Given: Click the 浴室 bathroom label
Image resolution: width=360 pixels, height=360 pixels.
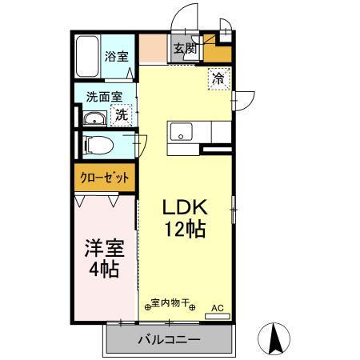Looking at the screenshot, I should coord(116,56).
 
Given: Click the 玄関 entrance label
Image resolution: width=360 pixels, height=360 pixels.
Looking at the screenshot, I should coord(186,48).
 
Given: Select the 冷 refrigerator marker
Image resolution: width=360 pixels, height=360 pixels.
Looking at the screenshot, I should coord(218,78).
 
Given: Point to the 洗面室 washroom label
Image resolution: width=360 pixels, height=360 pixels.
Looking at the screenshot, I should coord(105,97).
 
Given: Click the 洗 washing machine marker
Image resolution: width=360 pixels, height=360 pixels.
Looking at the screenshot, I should coord(121,114).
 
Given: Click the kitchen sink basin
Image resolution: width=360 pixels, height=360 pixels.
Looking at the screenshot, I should coord(180,132).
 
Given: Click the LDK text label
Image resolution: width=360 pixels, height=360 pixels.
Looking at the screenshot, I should coord(184,206).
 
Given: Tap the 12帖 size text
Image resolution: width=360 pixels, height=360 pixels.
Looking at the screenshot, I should coord(185,230).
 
